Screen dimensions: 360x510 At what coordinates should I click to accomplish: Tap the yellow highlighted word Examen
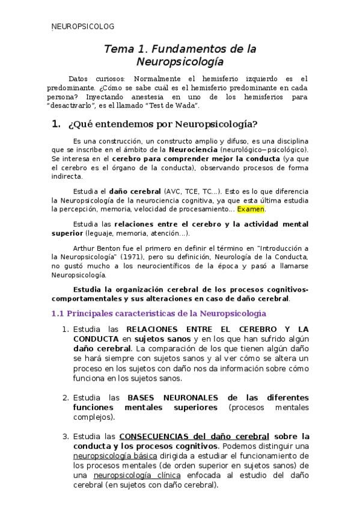(x=251, y=209)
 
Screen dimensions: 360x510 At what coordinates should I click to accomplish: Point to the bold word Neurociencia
(x=194, y=149)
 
